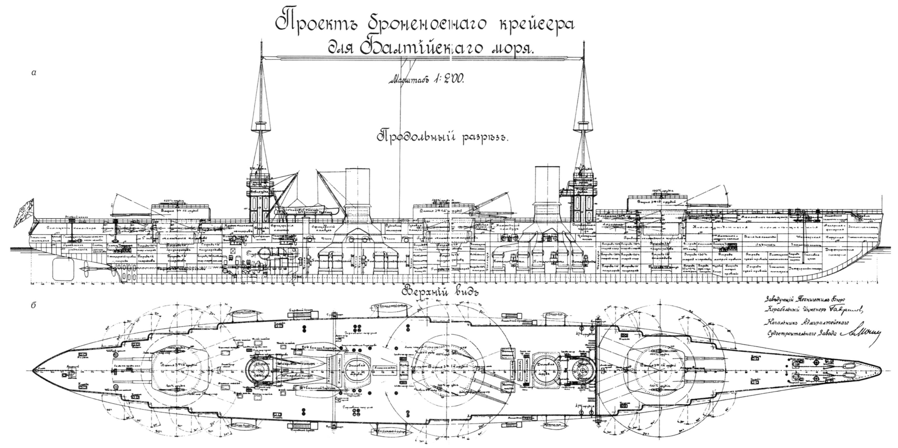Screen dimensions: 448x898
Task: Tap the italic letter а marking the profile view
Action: tap(34, 73)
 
